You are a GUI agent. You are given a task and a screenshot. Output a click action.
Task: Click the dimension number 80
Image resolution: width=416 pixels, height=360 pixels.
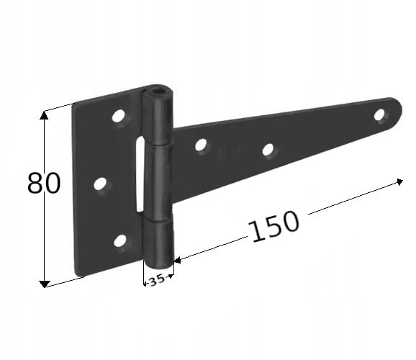point(44,183)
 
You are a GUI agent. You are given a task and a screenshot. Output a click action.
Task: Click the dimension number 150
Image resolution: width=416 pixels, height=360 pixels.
point(273,227)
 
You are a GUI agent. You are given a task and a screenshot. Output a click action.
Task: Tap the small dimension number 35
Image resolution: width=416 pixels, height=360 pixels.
point(156,280)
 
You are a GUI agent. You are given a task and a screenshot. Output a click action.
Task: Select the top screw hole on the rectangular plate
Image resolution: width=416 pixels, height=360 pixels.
point(118,115)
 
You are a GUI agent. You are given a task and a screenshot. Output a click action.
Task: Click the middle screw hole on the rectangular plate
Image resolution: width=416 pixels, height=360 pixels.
point(100,184)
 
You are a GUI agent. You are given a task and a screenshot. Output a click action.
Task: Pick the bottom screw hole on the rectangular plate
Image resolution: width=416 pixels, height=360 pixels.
point(120,240)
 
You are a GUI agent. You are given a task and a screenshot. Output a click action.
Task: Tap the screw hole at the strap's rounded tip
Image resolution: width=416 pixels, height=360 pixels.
point(379,114)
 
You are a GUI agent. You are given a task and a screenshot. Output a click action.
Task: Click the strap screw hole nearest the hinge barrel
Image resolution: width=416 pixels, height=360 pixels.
point(201,145)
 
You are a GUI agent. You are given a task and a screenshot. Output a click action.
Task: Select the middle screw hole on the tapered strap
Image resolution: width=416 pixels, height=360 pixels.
point(268,150)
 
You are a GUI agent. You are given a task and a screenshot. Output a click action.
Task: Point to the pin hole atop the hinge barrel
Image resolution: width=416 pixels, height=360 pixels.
point(158,92)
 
